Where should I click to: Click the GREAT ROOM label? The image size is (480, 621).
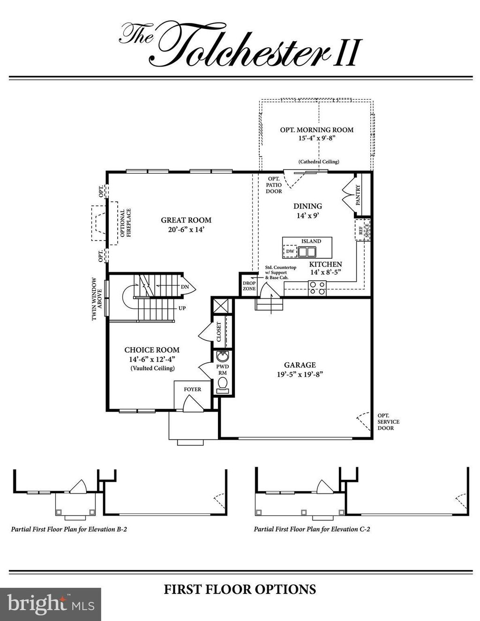click(x=186, y=220)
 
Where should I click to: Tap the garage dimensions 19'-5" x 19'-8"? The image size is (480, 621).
click(x=300, y=374)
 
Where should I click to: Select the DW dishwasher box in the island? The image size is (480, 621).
click(x=290, y=252)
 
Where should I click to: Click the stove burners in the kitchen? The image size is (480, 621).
click(x=317, y=288)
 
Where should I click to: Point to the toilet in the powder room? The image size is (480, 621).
click(x=223, y=385)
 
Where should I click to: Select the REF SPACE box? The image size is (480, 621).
click(x=361, y=230)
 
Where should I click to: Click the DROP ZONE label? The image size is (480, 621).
click(x=249, y=286)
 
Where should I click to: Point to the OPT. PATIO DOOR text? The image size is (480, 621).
click(x=274, y=185)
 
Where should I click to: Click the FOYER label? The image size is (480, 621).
click(x=192, y=389)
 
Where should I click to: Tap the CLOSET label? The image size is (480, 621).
click(x=218, y=331)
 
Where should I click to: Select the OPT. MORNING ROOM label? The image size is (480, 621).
click(x=317, y=130)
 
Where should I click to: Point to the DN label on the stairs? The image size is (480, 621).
click(x=185, y=287)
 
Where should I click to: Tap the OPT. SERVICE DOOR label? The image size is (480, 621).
click(x=388, y=421)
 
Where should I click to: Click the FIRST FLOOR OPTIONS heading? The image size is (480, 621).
click(x=240, y=589)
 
